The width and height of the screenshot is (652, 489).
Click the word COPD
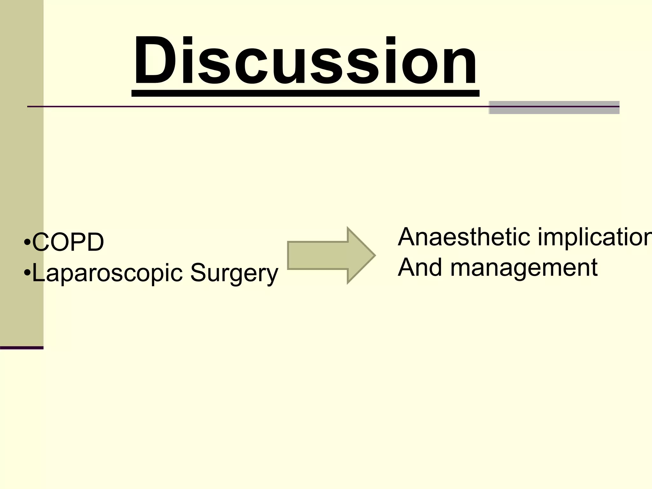click(x=68, y=242)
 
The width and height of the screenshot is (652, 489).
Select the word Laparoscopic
click(x=107, y=273)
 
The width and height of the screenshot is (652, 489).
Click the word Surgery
click(x=234, y=273)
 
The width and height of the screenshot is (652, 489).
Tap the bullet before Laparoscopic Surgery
click(x=27, y=273)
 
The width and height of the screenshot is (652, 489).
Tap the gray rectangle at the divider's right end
click(x=554, y=108)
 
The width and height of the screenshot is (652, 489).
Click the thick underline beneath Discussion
click(x=305, y=93)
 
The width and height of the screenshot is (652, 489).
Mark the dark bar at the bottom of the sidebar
click(x=22, y=348)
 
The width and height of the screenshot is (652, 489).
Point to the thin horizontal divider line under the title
click(x=255, y=106)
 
